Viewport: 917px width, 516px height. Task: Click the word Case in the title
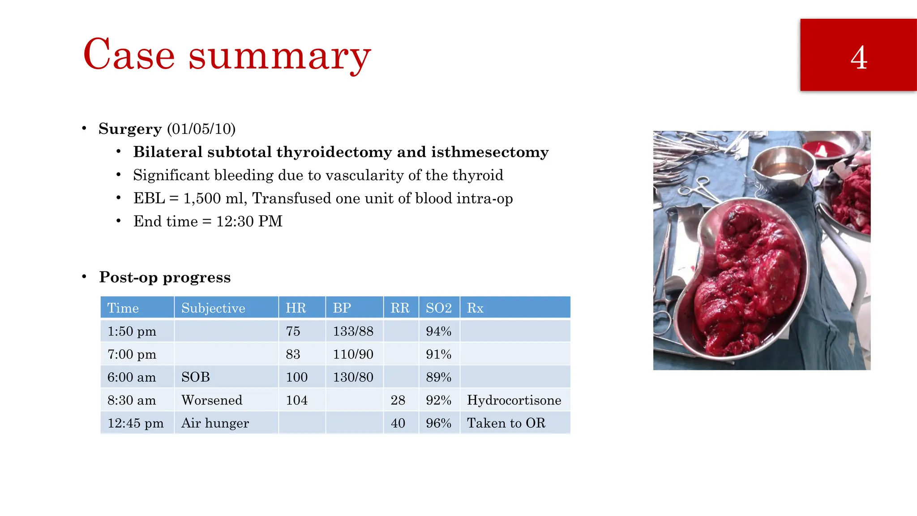(x=129, y=55)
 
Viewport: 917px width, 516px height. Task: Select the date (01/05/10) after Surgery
(x=201, y=129)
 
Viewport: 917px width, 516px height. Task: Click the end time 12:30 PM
(x=249, y=221)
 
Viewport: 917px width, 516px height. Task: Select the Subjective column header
(x=213, y=308)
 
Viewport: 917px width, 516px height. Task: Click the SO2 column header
(x=438, y=308)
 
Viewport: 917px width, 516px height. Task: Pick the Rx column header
(x=475, y=308)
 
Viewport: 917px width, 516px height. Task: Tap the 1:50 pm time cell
(x=132, y=331)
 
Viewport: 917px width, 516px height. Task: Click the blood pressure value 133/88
(x=353, y=331)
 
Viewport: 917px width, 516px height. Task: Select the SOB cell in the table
(x=196, y=377)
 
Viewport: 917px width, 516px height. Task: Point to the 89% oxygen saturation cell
(x=438, y=377)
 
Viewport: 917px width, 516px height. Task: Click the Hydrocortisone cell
(x=514, y=400)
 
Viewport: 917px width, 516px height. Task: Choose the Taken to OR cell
(x=506, y=423)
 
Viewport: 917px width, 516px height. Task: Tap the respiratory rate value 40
(x=398, y=423)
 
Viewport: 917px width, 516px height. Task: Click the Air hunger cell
(x=215, y=423)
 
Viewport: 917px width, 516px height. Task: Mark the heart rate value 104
(x=296, y=400)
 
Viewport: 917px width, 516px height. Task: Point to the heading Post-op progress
(x=165, y=277)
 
